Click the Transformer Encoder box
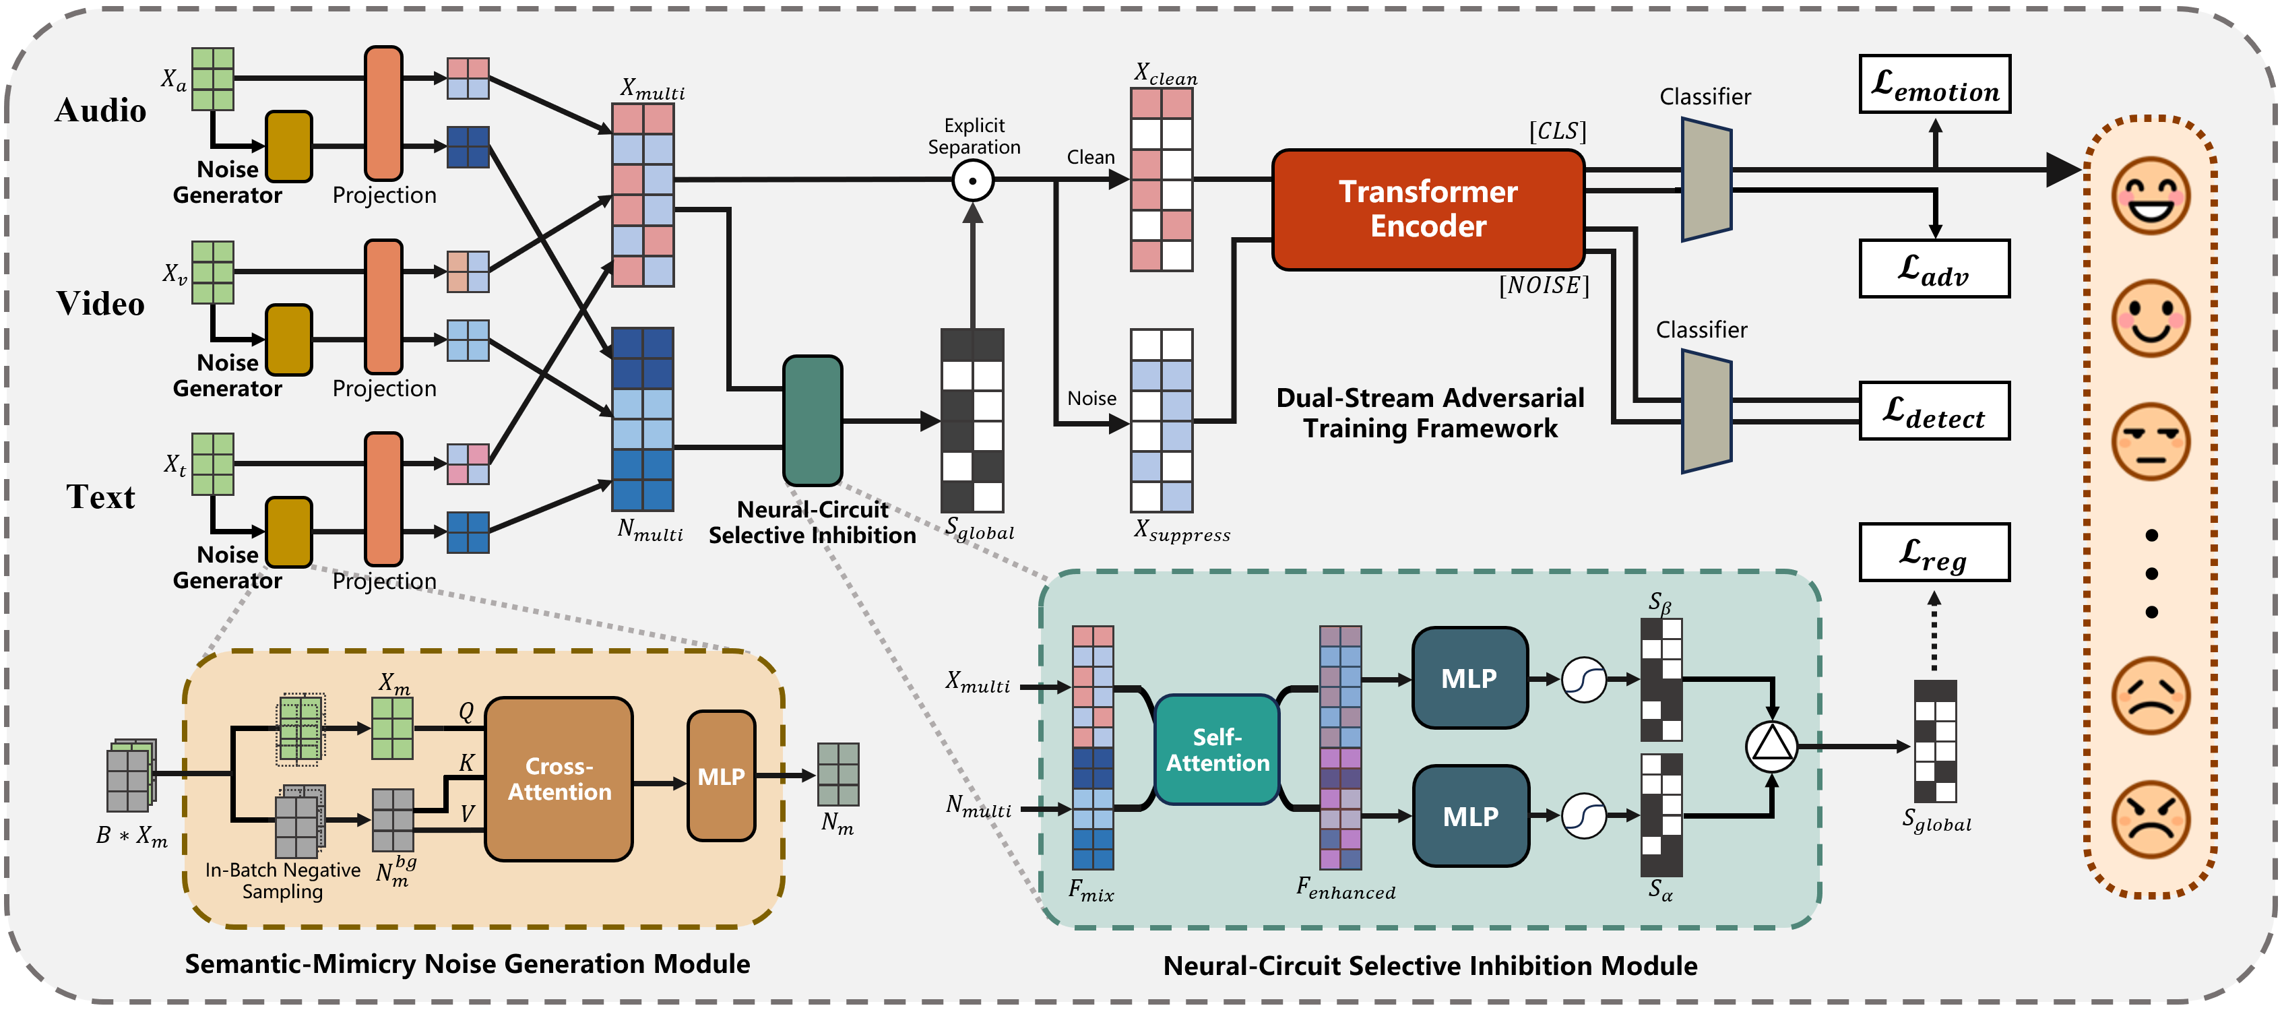tap(1428, 209)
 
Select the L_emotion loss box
tap(1935, 84)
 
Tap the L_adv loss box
tap(1935, 268)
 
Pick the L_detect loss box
tap(1935, 411)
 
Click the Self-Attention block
tap(1217, 749)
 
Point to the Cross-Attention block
tap(559, 779)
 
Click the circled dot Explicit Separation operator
tap(973, 181)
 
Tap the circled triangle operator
tap(1772, 746)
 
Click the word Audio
tap(100, 111)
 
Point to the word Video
tap(100, 304)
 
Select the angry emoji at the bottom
tap(2151, 819)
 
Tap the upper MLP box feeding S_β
tap(1469, 678)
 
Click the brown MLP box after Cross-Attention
tap(721, 776)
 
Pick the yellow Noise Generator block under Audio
tap(289, 146)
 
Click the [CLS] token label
tap(1557, 131)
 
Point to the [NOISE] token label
tap(1544, 285)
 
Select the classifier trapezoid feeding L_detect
tap(1706, 412)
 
